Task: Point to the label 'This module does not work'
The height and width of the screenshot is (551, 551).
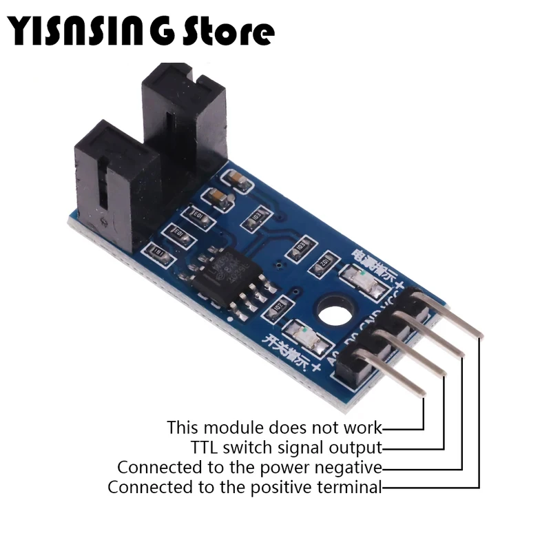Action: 274,427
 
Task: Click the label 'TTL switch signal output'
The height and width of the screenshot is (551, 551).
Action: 286,448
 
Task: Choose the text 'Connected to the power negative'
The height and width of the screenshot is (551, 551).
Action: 249,468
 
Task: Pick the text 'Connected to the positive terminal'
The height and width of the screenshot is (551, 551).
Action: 245,488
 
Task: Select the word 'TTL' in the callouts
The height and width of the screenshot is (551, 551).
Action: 204,448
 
